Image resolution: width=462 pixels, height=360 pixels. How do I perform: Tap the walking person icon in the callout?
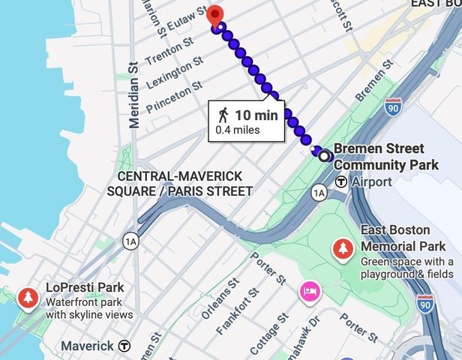coord(223,115)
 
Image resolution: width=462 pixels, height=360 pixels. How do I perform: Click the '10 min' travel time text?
coord(256,115)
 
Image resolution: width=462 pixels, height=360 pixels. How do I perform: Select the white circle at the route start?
coord(324,156)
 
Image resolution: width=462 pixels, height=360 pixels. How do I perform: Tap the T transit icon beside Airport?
coord(341,181)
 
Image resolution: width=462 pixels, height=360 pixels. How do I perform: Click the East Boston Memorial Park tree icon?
coord(343,247)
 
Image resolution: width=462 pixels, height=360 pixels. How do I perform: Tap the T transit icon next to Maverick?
coord(125,346)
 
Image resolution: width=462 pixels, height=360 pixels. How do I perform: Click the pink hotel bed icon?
coord(307,291)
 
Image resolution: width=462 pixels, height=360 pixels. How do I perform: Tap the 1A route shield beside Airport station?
coord(319,193)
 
